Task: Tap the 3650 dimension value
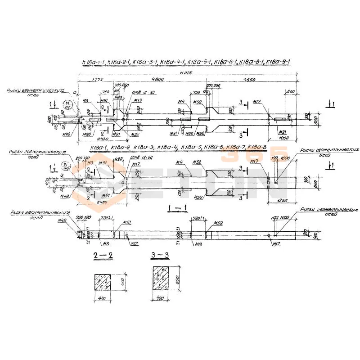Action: click(x=255, y=79)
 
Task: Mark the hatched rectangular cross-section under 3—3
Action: click(x=162, y=279)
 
